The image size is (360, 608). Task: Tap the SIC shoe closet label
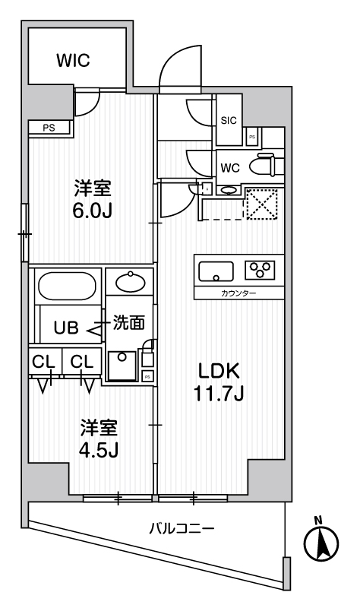pyautogui.click(x=229, y=119)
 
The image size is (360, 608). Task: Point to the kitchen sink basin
pyautogui.click(x=216, y=270)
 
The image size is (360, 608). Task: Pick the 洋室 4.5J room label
pyautogui.click(x=99, y=439)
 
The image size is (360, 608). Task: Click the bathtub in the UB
pyautogui.click(x=66, y=288)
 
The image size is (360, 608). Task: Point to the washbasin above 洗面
pyautogui.click(x=129, y=283)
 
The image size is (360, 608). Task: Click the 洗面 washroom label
pyautogui.click(x=128, y=323)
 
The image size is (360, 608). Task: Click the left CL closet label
pyautogui.click(x=43, y=361)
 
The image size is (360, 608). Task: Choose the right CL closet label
pyautogui.click(x=82, y=361)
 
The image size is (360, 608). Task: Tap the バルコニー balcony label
pyautogui.click(x=181, y=527)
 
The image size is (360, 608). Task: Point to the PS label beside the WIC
pyautogui.click(x=49, y=128)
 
